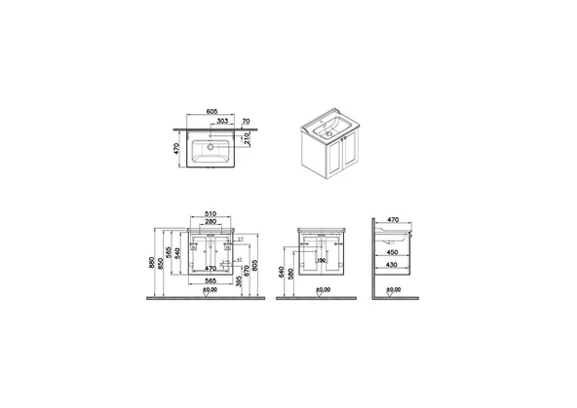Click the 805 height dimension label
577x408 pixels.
point(256,265)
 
